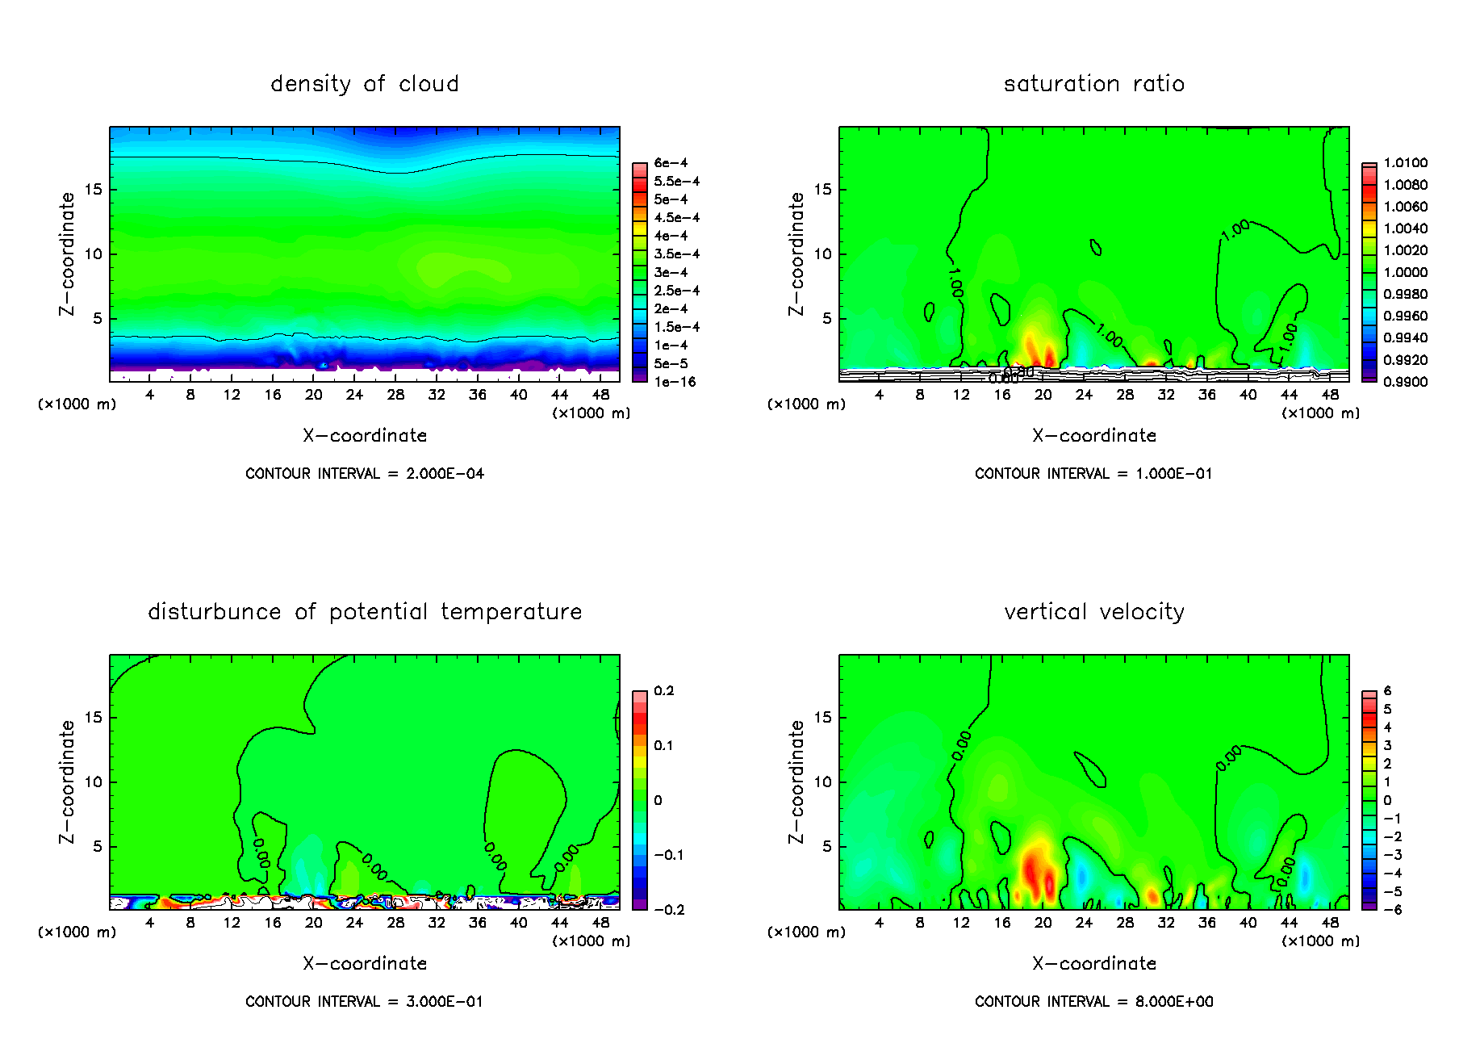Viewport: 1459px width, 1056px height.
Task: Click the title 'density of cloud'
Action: point(365,84)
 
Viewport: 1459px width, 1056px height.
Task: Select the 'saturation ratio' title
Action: point(1094,84)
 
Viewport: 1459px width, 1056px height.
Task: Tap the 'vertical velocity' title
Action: point(1094,612)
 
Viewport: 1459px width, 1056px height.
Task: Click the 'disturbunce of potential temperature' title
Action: point(365,612)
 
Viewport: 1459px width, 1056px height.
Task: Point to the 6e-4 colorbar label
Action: point(671,163)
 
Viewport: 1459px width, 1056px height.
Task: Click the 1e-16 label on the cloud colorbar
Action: point(675,382)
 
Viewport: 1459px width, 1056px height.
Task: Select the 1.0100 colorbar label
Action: point(1405,163)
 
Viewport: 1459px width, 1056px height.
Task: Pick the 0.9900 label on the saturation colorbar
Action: point(1405,382)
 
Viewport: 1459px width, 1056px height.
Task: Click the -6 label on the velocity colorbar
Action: point(1392,910)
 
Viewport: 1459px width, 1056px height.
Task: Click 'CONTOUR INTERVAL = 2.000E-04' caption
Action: point(365,474)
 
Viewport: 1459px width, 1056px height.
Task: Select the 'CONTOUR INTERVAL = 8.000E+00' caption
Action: point(1094,1002)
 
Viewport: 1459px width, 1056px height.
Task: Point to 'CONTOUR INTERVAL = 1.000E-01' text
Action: point(1094,474)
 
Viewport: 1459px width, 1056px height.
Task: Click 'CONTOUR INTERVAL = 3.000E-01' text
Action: point(365,1002)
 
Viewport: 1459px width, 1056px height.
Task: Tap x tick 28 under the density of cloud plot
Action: point(395,395)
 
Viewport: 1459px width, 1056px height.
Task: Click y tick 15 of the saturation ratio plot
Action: point(822,190)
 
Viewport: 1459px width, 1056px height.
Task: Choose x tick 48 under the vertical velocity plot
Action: point(1330,923)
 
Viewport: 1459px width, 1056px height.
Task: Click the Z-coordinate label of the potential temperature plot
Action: point(67,782)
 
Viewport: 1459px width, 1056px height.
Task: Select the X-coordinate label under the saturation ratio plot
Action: point(1094,436)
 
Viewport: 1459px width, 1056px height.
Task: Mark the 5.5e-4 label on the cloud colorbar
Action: point(676,182)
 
